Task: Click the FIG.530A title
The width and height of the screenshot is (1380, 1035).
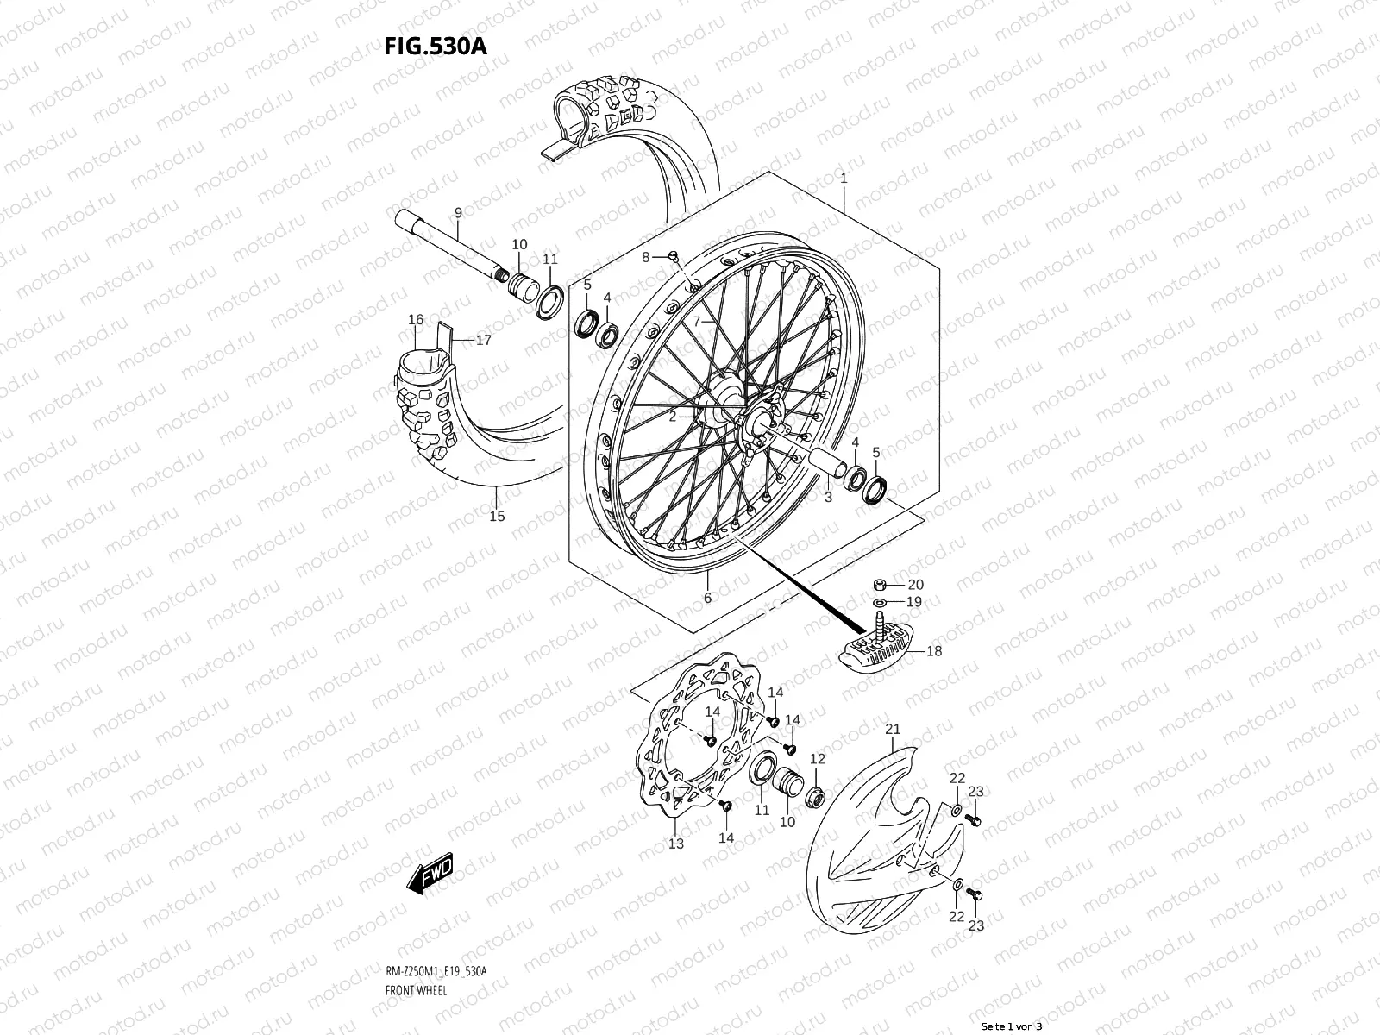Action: (436, 45)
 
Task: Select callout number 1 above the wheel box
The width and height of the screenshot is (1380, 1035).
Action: (844, 179)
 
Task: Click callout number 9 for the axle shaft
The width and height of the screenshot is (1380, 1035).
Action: (458, 212)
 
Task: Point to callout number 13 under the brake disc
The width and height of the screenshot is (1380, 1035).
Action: (675, 843)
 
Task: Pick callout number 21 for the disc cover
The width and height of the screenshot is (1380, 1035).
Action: (893, 730)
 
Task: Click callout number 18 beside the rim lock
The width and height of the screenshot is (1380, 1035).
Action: (934, 651)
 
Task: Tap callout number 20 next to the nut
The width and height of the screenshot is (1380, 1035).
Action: (915, 585)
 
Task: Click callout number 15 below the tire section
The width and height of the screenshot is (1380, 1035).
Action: (497, 517)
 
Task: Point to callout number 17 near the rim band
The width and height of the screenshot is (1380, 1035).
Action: (483, 341)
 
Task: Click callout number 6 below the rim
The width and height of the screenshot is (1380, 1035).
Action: (707, 598)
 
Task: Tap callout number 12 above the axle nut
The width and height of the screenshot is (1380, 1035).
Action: (818, 759)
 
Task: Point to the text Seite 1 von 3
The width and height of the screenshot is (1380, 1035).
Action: (1012, 1026)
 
